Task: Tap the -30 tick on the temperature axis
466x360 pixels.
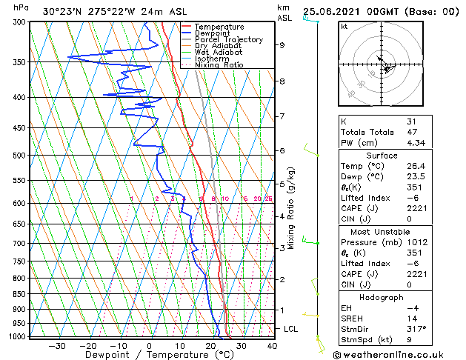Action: pyautogui.click(x=57, y=346)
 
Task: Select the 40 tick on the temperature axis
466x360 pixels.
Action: pyautogui.click(x=272, y=346)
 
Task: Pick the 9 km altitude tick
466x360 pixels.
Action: pyautogui.click(x=282, y=45)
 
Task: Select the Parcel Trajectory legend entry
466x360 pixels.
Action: pyautogui.click(x=228, y=40)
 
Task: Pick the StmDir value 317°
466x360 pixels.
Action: pyautogui.click(x=416, y=329)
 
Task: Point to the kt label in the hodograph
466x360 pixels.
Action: pyautogui.click(x=344, y=26)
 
